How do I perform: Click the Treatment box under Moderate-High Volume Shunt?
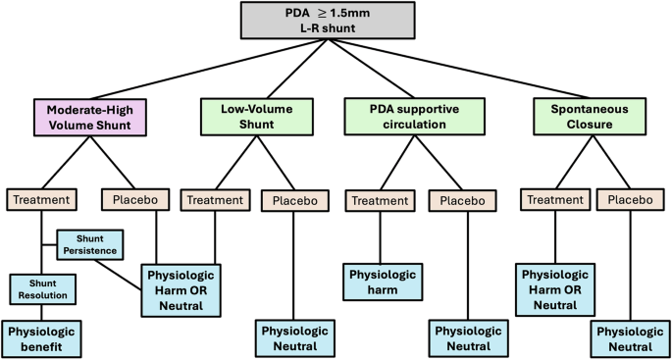(41, 199)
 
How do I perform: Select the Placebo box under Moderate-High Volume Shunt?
(134, 199)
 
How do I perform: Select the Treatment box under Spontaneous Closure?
(555, 199)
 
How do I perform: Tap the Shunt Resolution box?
(41, 288)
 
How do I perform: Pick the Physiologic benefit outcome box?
(41, 335)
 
